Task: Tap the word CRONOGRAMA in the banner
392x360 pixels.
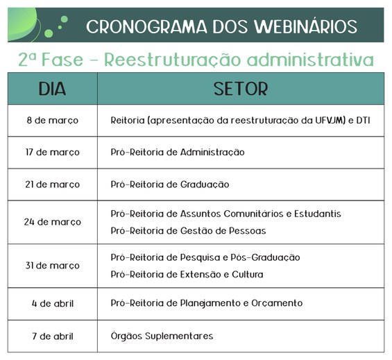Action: point(147,26)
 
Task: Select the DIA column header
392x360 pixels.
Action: point(52,89)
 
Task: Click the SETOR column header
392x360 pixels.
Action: point(241,89)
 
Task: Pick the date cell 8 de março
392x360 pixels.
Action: point(53,120)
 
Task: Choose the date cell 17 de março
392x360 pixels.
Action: point(53,152)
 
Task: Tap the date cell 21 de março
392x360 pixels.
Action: point(53,185)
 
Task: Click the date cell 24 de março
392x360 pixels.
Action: point(53,222)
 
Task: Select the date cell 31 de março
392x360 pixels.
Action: point(53,265)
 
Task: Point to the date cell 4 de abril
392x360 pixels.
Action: point(53,304)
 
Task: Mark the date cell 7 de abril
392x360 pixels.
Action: point(53,336)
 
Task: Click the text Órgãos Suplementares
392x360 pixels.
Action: point(162,336)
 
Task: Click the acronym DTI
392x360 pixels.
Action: point(363,120)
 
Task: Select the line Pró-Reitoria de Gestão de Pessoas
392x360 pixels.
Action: point(188,230)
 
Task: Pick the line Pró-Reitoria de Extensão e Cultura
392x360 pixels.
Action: point(187,274)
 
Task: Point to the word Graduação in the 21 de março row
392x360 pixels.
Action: point(205,185)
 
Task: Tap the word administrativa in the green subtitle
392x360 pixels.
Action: point(310,60)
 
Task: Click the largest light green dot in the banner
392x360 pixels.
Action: point(49,33)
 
